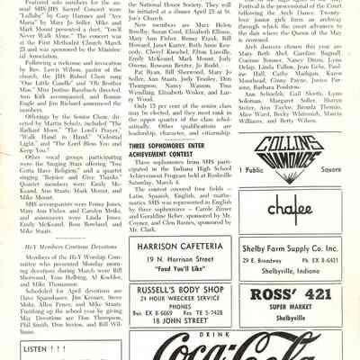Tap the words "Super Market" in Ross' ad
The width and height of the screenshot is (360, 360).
pos(297,307)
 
